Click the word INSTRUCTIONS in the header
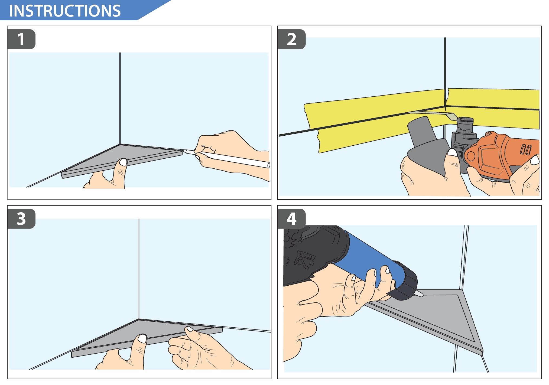65,11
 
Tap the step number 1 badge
21,39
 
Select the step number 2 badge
292,39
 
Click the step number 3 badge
21,219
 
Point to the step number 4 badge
292,219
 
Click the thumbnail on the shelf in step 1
123,162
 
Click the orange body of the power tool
501,156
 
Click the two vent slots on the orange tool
526,149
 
